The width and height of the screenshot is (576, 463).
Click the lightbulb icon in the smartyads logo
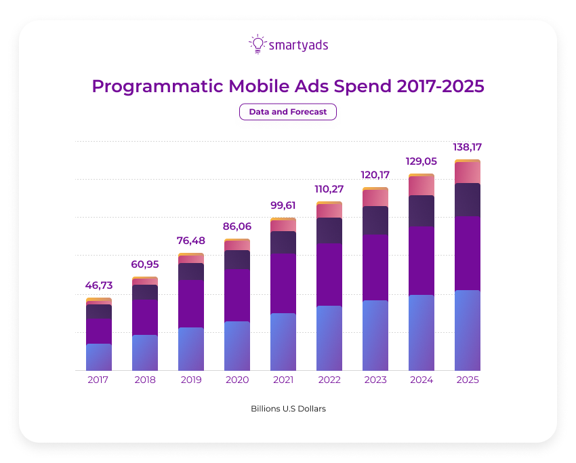pos(258,44)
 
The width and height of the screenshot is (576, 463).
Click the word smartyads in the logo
pos(298,45)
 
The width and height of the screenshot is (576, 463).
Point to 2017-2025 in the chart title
pos(440,87)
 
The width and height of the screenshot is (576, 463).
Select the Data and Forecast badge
pos(288,112)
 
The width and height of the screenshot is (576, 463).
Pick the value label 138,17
pos(468,147)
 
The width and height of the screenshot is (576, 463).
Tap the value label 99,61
pos(283,205)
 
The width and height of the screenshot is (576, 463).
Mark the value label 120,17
pos(375,175)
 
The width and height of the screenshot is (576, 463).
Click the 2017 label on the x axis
pos(99,380)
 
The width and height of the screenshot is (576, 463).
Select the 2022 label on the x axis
pos(329,380)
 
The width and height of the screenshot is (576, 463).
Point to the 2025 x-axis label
pos(468,380)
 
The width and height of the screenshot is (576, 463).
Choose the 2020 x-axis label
pos(237,380)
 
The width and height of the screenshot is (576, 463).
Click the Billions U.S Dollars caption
pos(288,409)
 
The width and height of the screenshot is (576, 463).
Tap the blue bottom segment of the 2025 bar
pos(468,330)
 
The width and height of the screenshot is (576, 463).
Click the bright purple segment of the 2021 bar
pos(283,283)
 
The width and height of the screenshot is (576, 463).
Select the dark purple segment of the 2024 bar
pos(421,211)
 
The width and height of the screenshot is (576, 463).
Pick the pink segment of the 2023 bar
pos(375,198)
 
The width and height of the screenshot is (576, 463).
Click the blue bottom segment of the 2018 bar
pos(145,353)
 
